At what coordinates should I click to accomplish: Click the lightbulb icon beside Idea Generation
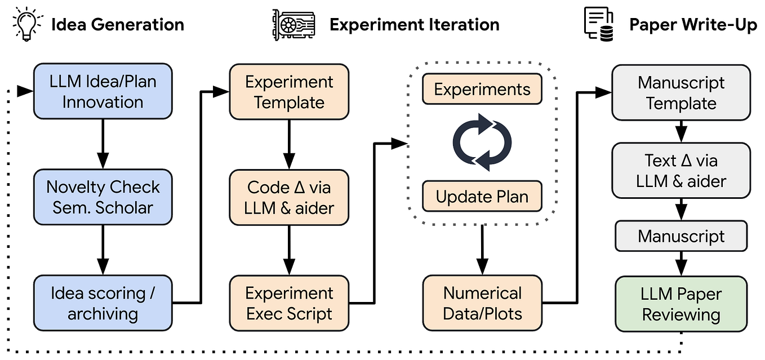pyautogui.click(x=26, y=24)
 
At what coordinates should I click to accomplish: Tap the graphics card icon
pyautogui.click(x=291, y=24)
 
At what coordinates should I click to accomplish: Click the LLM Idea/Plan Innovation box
pyautogui.click(x=103, y=91)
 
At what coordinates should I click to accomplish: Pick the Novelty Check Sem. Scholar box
pyautogui.click(x=103, y=197)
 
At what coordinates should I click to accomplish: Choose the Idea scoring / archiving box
pyautogui.click(x=103, y=303)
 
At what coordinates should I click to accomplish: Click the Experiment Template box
pyautogui.click(x=289, y=91)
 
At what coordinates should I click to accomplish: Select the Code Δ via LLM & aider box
pyautogui.click(x=289, y=197)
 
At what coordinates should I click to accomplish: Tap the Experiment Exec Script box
pyautogui.click(x=289, y=303)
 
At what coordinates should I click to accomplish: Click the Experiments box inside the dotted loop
pyautogui.click(x=482, y=90)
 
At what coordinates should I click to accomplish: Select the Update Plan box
pyautogui.click(x=482, y=197)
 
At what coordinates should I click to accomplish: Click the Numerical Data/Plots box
pyautogui.click(x=482, y=303)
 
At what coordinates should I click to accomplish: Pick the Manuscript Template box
pyautogui.click(x=681, y=93)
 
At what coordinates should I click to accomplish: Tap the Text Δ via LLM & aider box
pyautogui.click(x=681, y=171)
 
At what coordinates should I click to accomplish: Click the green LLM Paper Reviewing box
pyautogui.click(x=681, y=304)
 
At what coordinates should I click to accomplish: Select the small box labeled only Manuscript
pyautogui.click(x=681, y=236)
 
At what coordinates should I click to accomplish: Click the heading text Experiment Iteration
pyautogui.click(x=414, y=25)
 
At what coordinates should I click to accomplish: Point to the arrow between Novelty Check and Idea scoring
pyautogui.click(x=103, y=250)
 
